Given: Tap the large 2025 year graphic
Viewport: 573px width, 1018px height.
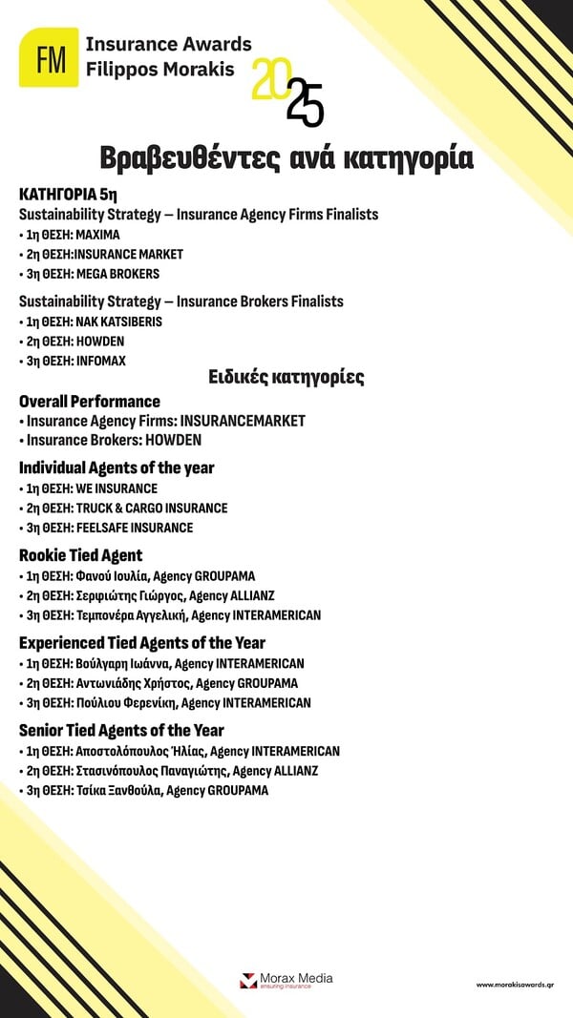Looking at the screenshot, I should pyautogui.click(x=287, y=93).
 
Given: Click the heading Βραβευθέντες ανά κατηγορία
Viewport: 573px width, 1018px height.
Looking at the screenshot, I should pyautogui.click(x=286, y=157).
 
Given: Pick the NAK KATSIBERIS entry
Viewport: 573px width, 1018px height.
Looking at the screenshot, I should pyautogui.click(x=117, y=322).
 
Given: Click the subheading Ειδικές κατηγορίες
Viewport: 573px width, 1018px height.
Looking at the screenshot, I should pyautogui.click(x=286, y=377).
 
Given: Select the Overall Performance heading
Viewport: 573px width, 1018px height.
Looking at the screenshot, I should pyautogui.click(x=90, y=402).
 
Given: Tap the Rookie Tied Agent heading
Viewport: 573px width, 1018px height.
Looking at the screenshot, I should pyautogui.click(x=81, y=555).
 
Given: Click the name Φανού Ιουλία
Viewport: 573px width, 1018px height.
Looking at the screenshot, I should pyautogui.click(x=115, y=576).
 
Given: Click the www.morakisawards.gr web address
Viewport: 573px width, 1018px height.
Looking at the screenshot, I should pyautogui.click(x=515, y=983).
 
